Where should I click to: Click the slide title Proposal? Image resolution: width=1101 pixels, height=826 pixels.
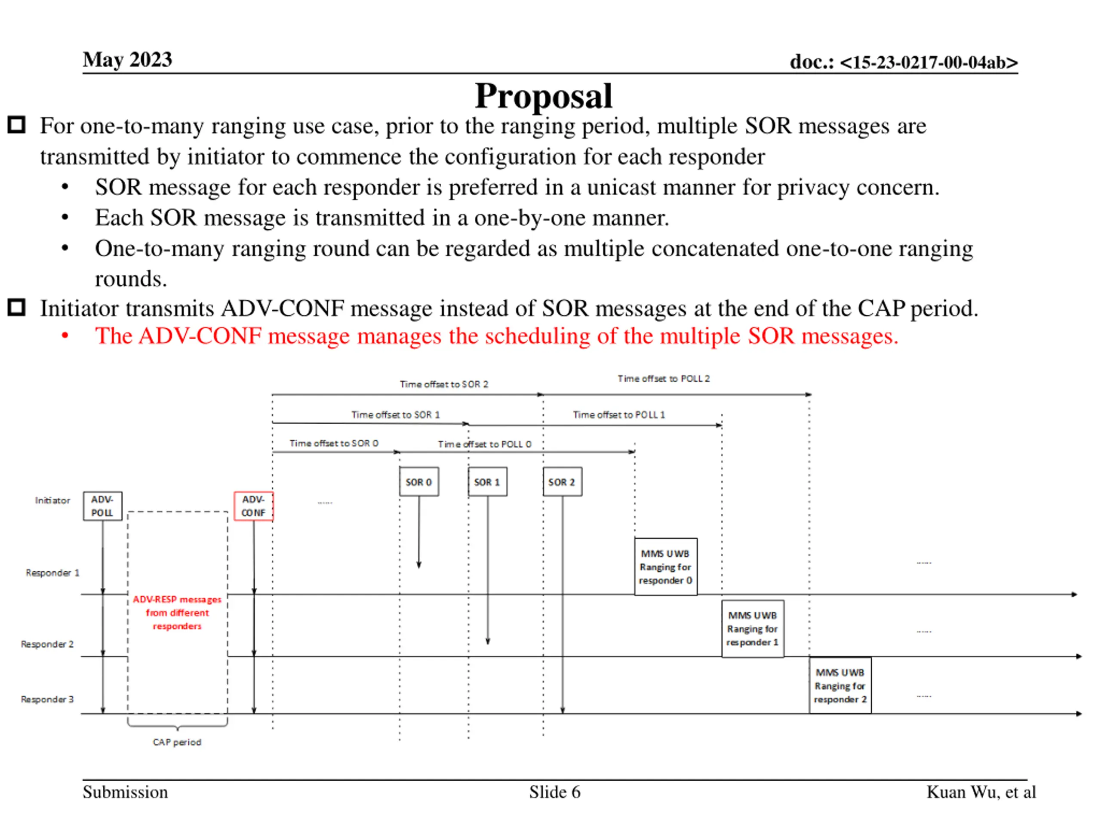543,96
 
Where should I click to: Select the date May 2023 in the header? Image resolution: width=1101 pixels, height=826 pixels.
127,60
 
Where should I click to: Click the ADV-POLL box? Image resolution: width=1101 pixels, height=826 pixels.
102,506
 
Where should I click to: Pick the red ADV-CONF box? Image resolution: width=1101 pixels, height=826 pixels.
253,506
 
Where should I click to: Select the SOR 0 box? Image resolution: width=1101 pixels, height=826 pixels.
418,481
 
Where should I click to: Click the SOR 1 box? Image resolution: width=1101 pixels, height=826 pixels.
487,481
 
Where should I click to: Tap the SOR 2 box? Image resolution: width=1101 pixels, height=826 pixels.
562,481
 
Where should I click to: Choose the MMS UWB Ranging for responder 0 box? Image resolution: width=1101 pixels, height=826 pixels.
665,567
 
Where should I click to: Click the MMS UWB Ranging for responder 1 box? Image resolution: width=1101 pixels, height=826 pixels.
752,629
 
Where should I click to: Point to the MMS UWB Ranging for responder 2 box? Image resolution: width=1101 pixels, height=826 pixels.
840,686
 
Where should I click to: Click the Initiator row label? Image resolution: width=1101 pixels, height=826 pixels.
52,500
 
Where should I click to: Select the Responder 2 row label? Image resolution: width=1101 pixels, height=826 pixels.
47,644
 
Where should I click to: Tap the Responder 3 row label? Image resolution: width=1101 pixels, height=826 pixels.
47,700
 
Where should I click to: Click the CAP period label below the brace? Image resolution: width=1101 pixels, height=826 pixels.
177,743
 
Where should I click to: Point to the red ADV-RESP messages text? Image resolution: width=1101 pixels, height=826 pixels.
177,613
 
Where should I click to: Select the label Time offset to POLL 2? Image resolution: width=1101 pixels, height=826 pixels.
664,379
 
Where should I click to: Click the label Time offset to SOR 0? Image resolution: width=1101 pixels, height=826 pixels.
334,443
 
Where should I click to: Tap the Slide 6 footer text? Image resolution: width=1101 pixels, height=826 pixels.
554,792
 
